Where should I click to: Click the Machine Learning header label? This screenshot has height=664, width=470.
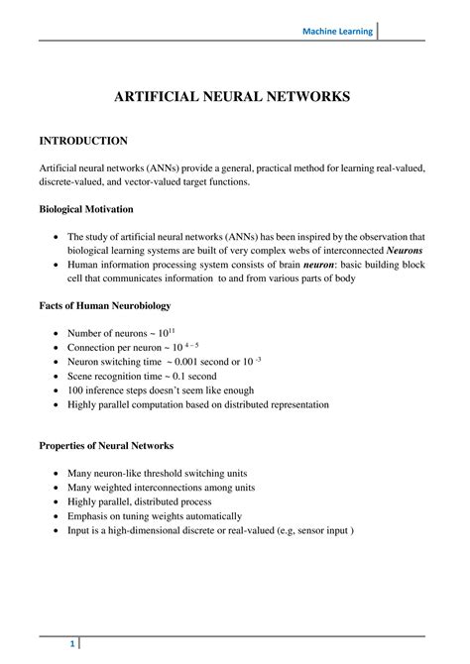(338, 32)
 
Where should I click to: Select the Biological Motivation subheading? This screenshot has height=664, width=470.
(86, 210)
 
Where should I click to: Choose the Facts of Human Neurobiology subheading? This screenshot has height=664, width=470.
(103, 307)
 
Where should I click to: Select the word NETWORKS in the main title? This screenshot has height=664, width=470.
(302, 98)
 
